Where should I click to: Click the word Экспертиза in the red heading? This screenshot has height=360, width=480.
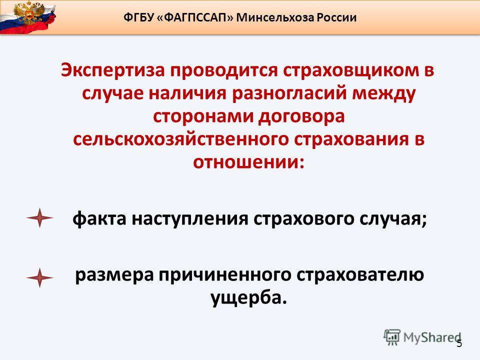[x=113, y=70]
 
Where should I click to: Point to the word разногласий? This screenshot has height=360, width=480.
[x=289, y=93]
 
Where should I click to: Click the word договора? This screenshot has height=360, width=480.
[x=301, y=116]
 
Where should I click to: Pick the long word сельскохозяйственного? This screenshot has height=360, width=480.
[x=181, y=139]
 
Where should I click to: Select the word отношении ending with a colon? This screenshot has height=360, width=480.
[x=249, y=162]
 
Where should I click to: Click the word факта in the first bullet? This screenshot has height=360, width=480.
[x=99, y=218]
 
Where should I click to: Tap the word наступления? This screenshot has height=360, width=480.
[x=190, y=218]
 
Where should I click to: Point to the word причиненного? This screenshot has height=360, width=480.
[x=224, y=275]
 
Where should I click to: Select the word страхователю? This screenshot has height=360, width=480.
[x=360, y=275]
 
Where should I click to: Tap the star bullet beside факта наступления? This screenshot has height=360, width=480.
[x=40, y=218]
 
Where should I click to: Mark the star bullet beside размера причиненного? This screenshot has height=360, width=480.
[x=40, y=277]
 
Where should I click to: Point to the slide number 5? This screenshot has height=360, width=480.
[x=459, y=343]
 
